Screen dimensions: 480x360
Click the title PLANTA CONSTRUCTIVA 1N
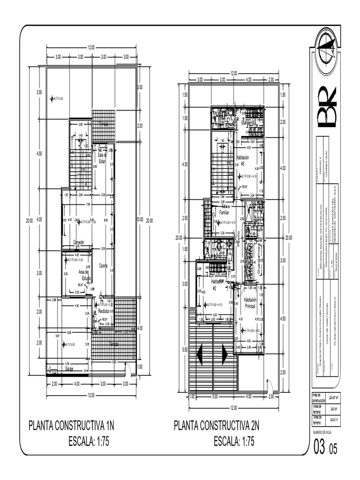click(71, 426)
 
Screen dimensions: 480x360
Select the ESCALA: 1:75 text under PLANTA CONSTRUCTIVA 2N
click(234, 441)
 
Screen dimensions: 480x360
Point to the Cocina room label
click(104, 265)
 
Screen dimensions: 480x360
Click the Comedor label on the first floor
click(78, 242)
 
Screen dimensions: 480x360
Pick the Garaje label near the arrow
click(70, 369)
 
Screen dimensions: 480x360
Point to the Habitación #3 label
click(243, 160)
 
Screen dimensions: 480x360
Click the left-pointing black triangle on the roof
click(201, 354)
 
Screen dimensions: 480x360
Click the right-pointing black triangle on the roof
click(225, 353)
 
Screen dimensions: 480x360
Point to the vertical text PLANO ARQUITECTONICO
click(335, 319)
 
